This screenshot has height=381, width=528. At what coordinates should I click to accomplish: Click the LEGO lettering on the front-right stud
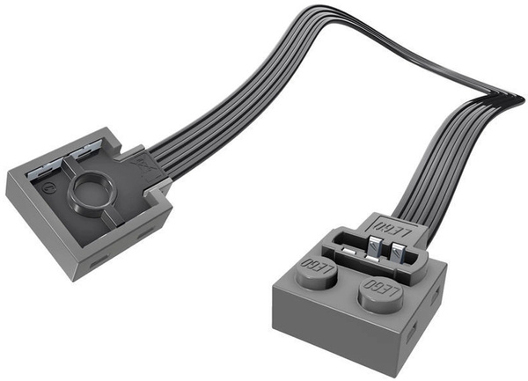(x=379, y=288)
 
